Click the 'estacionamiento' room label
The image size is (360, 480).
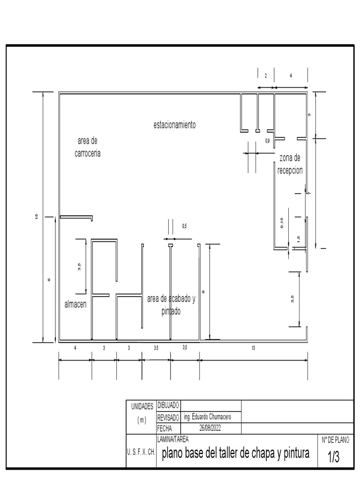tap(174, 125)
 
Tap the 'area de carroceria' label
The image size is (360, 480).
tap(88, 147)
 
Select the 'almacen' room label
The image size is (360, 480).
tap(75, 305)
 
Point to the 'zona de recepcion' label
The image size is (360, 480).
tap(290, 164)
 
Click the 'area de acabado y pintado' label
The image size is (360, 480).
tap(171, 305)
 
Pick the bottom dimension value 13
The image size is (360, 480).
tap(253, 348)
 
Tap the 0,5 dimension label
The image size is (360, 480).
tap(184, 226)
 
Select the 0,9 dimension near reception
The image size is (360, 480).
tap(267, 141)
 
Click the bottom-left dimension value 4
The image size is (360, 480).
tap(75, 348)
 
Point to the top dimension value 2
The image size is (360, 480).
tap(266, 75)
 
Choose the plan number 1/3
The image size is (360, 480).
tap(333, 457)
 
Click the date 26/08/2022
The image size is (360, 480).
tap(210, 428)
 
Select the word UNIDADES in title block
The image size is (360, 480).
tap(142, 406)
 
